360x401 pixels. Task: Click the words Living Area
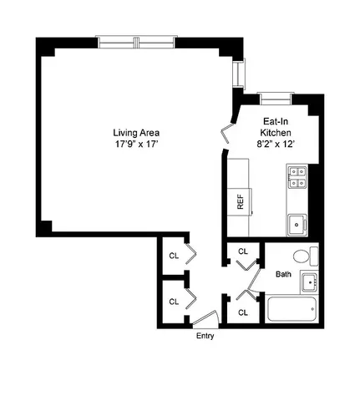pos(137,132)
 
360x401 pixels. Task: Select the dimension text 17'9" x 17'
pos(137,144)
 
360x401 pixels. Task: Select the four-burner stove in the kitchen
pos(297,178)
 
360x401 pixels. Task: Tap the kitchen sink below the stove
pos(297,223)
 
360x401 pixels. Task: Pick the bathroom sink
pos(310,282)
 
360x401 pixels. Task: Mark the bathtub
pos(291,312)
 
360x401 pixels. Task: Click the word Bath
pos(284,274)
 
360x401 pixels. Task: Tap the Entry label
pos(205,336)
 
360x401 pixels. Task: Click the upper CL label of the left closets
pos(175,256)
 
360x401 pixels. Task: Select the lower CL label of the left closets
pos(175,302)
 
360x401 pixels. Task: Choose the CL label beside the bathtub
pos(243,312)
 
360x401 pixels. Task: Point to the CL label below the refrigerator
pos(243,251)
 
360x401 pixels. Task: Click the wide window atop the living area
pos(137,40)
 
